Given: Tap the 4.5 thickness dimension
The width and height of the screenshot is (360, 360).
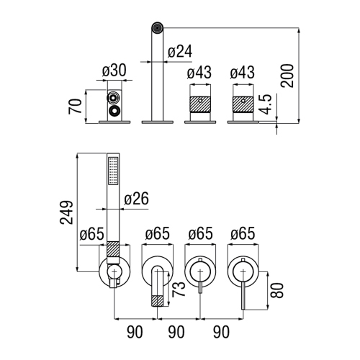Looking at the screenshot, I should [266, 104].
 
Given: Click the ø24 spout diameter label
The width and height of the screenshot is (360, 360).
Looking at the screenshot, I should [180, 53].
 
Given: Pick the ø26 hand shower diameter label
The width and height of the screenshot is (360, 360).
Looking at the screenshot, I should [137, 199].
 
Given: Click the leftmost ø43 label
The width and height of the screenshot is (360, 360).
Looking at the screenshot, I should [199, 73].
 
